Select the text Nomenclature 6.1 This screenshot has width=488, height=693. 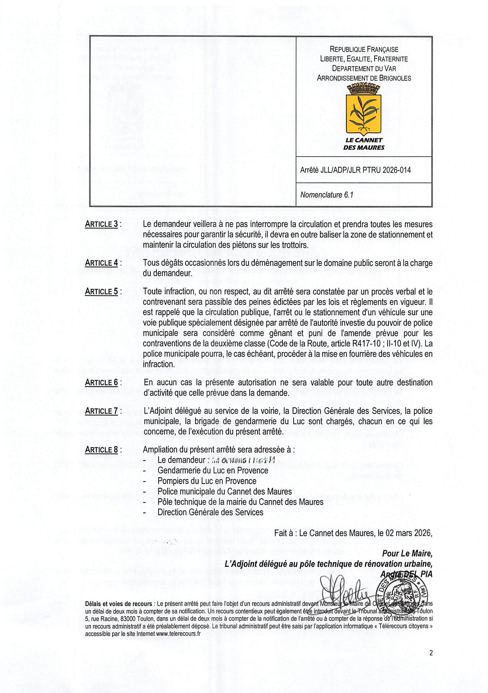(326, 195)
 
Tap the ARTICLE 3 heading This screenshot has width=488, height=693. (101, 224)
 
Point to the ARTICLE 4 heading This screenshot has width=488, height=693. (101, 263)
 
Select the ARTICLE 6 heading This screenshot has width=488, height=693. (101, 382)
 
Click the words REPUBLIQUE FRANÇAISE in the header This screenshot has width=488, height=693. (364, 49)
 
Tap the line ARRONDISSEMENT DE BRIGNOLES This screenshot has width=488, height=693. (364, 78)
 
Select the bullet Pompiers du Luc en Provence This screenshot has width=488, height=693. (207, 481)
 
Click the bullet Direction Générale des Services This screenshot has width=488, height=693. (210, 512)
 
